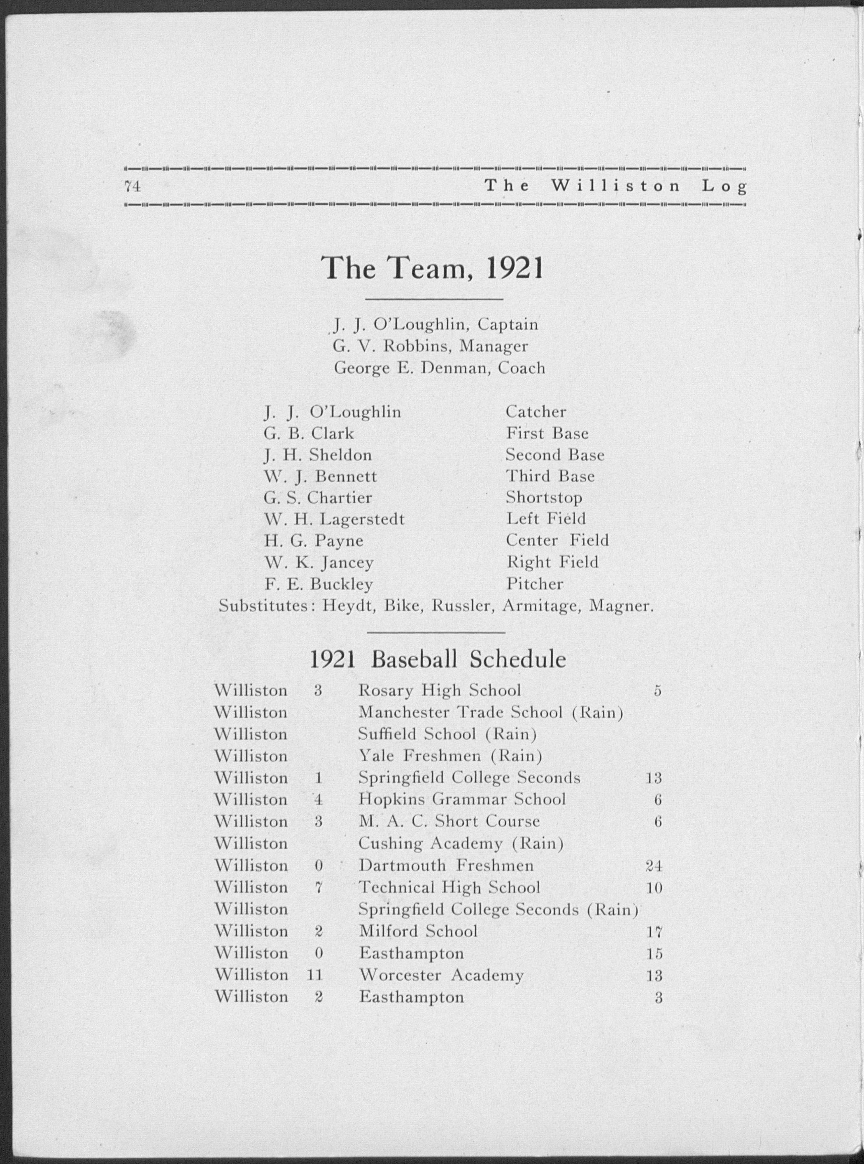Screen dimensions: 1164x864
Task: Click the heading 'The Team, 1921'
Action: coord(433,269)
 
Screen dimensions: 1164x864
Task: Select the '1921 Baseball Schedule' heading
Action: coord(438,659)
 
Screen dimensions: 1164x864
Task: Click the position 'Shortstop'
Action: coord(544,498)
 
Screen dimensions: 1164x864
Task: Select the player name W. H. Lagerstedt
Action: coord(334,520)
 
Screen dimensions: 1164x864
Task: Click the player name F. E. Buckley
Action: coord(319,584)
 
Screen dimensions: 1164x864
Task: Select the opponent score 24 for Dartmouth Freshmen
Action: coord(654,866)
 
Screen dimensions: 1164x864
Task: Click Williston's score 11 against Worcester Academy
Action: coord(315,975)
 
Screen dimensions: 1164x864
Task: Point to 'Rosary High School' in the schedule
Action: coord(439,691)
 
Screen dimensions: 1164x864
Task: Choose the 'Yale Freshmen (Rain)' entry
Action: coord(450,756)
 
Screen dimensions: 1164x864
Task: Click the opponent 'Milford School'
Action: coord(418,931)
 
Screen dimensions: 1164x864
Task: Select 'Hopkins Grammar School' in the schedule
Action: coord(462,800)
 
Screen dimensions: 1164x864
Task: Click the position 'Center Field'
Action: coord(557,541)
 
